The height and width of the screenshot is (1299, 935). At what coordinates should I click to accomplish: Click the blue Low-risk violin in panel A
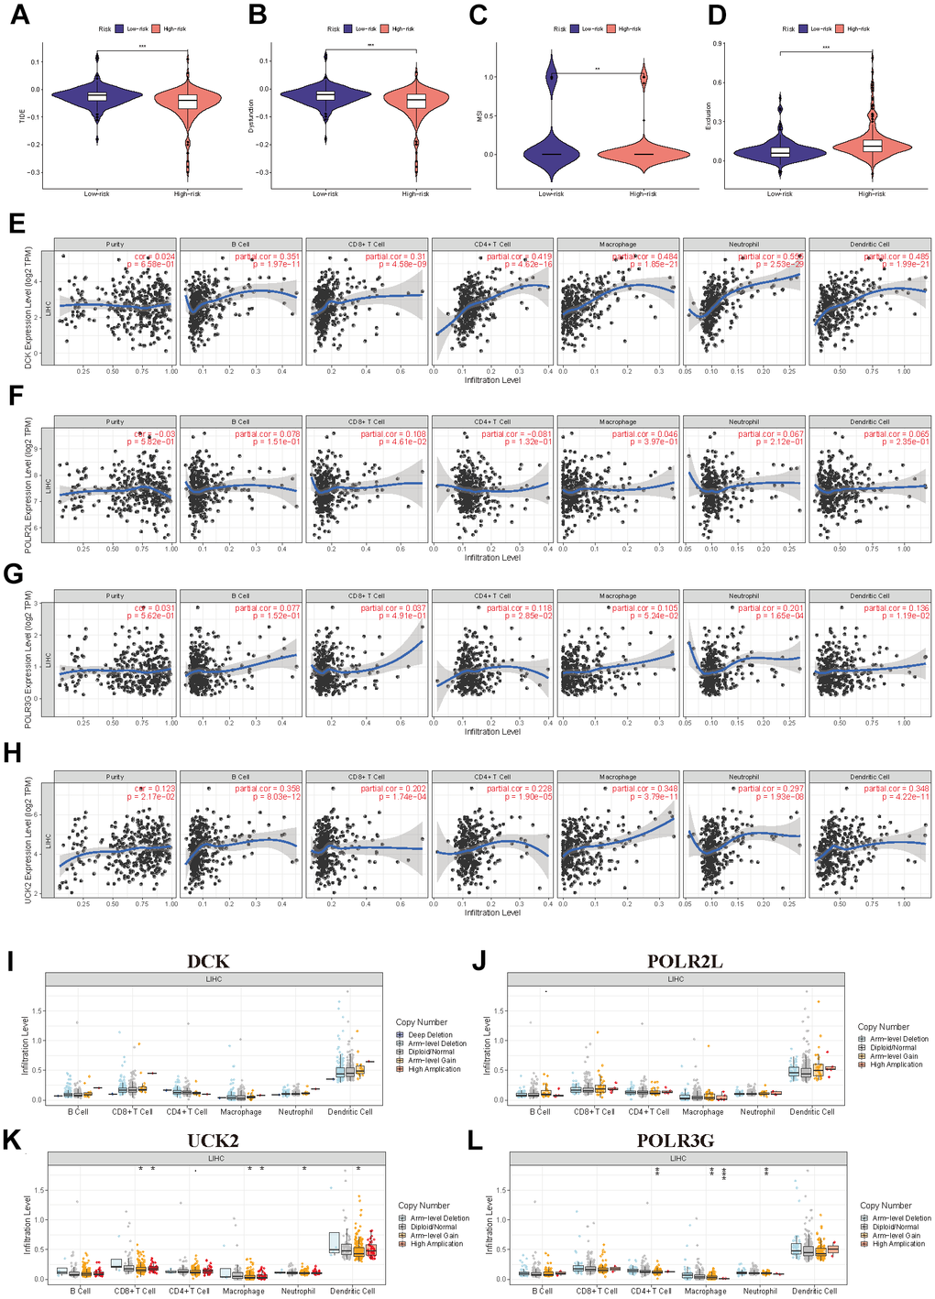coord(97,95)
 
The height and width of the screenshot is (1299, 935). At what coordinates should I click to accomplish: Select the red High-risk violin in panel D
coord(872,145)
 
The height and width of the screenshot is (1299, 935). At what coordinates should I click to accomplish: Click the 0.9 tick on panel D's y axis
coord(719,43)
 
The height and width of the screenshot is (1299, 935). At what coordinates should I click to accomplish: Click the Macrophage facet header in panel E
coord(618,245)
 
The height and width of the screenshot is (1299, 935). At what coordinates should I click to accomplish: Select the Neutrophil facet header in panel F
coord(743,422)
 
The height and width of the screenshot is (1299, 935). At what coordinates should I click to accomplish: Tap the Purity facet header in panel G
coord(115,596)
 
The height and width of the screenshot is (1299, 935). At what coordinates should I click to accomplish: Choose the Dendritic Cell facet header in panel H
coord(869,777)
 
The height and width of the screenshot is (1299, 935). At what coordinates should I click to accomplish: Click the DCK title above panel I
coord(207,961)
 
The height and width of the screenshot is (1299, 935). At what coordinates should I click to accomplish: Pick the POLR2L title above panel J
coord(684,961)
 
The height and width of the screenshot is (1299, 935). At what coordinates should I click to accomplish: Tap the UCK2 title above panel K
coord(213,1141)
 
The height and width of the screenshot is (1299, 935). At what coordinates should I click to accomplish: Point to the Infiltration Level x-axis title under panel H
coord(492,912)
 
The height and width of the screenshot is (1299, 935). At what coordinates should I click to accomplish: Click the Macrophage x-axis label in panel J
coord(703,1112)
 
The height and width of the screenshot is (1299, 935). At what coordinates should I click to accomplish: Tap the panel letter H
coord(12,752)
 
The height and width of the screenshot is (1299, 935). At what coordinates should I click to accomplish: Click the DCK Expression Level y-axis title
coord(28,308)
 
